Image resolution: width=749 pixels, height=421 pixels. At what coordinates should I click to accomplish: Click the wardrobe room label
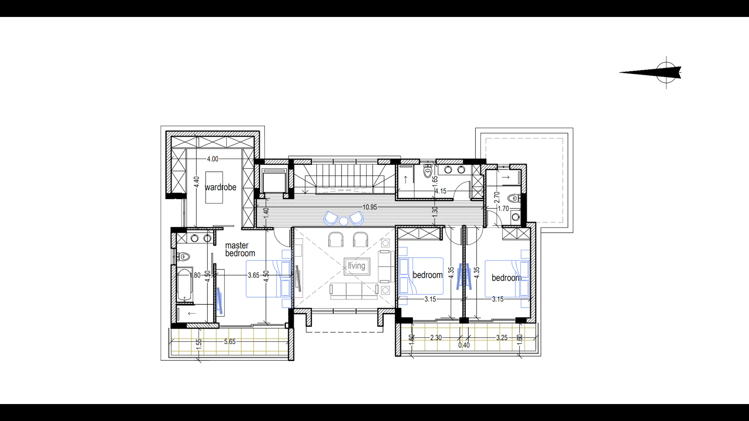point(220,187)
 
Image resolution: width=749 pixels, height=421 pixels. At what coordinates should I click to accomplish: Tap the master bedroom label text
point(240,249)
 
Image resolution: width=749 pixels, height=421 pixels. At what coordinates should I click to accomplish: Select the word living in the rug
point(357,266)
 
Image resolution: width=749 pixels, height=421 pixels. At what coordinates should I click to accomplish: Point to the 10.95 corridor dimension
point(370,207)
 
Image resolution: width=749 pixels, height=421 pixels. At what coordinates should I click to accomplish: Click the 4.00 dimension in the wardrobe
point(213,159)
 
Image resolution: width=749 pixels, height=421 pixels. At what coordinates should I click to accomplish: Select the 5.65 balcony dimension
point(230,341)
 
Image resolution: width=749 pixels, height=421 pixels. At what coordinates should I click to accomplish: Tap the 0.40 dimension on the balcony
point(464,345)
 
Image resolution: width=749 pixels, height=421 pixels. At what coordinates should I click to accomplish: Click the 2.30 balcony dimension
point(436,338)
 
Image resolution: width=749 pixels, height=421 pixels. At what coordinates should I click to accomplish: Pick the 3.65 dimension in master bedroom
point(254,275)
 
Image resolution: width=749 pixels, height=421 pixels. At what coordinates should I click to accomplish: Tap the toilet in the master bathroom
point(183,257)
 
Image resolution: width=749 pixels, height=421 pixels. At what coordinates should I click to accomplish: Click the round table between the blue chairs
point(343,221)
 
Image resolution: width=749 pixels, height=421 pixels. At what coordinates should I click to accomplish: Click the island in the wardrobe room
point(214,187)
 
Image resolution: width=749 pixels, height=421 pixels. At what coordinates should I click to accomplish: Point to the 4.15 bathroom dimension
point(441,191)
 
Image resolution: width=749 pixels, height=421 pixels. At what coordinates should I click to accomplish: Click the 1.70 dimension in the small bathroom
point(504,209)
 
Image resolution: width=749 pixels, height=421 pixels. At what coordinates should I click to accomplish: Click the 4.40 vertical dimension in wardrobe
point(197,182)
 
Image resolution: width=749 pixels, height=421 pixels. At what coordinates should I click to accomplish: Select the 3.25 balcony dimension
point(502,338)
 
